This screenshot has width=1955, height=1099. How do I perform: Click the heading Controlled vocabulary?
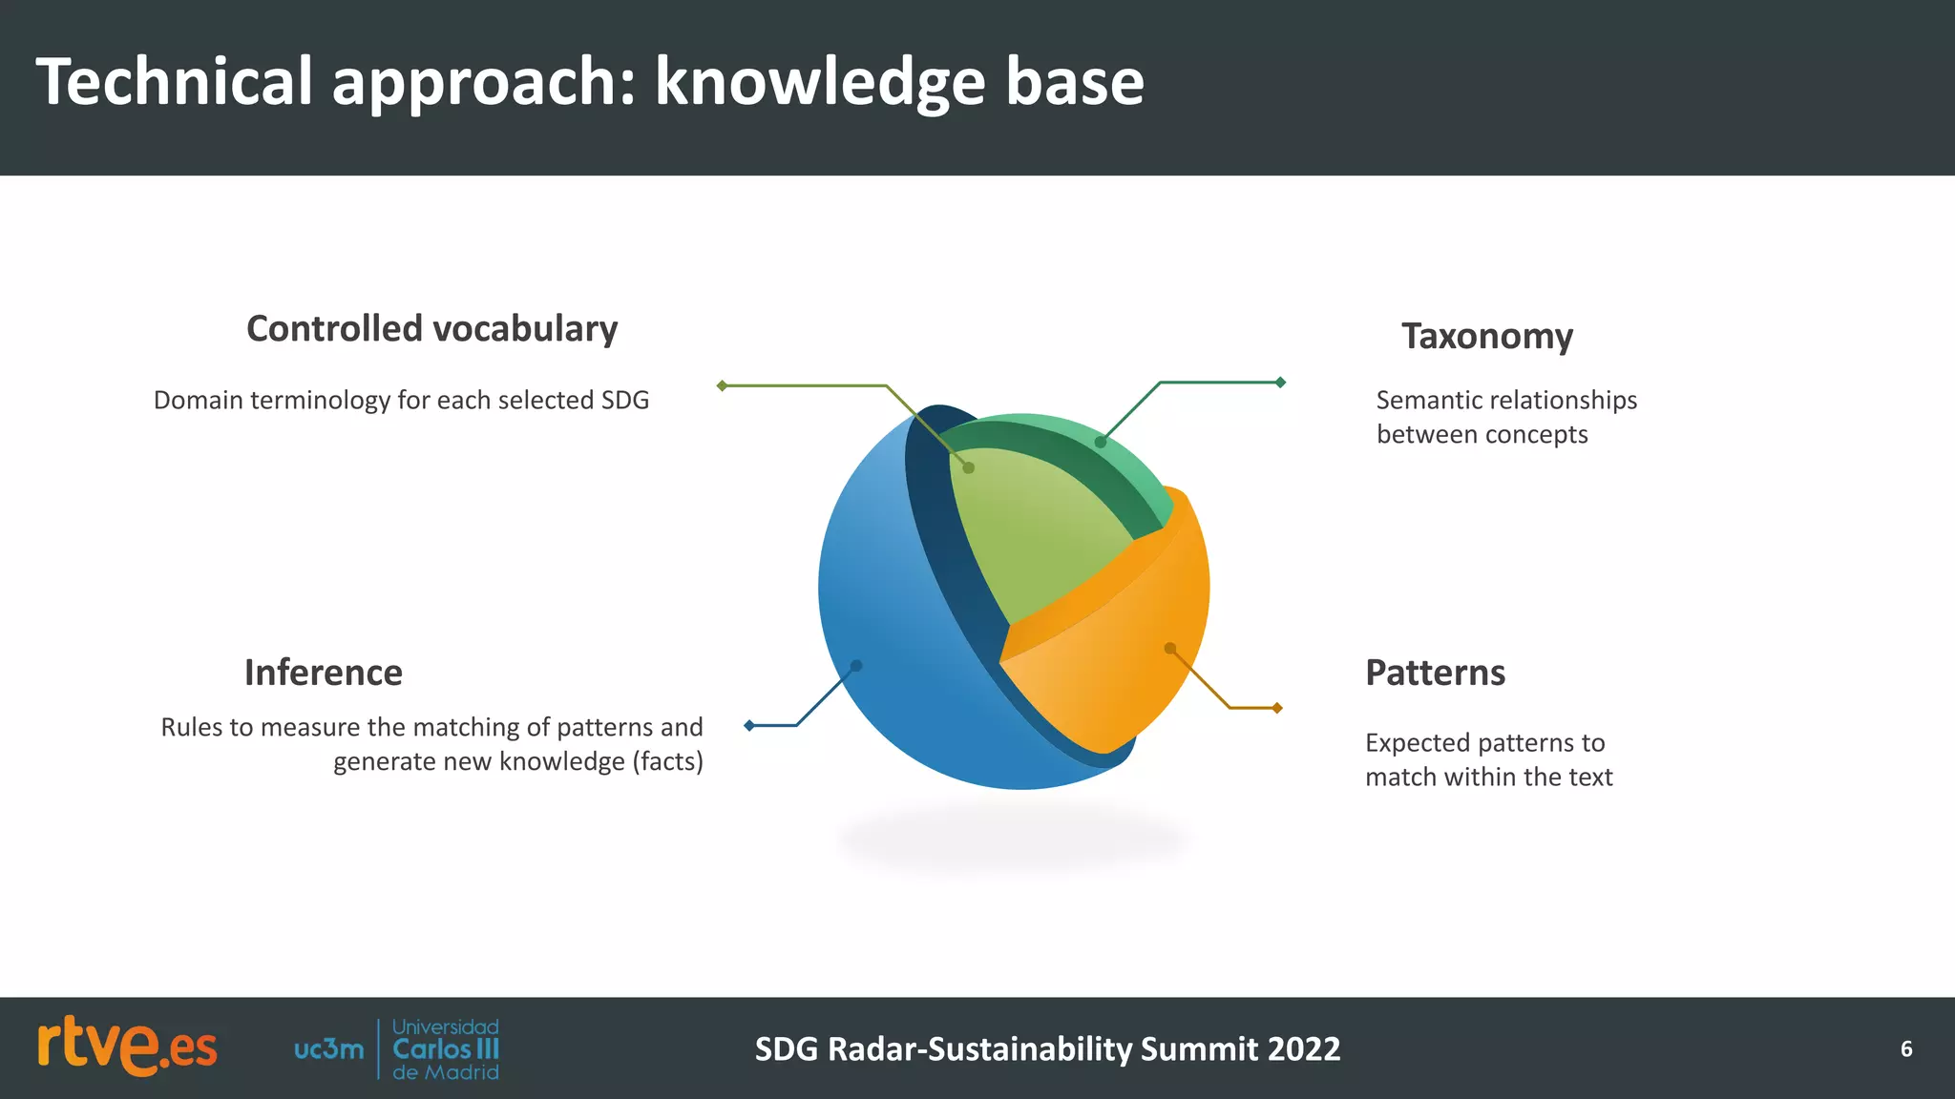coord(431,329)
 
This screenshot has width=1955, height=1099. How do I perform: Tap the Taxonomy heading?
coord(1486,337)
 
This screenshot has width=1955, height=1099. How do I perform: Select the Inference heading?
coord(323,673)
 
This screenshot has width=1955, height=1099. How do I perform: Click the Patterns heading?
coord(1435,673)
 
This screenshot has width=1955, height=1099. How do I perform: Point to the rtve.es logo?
coord(127,1047)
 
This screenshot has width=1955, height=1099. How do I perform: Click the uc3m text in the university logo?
coord(328,1049)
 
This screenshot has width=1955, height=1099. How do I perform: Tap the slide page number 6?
coord(1905,1049)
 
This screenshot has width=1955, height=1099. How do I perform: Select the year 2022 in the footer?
coord(1304,1049)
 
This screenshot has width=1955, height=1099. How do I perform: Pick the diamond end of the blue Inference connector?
coord(749,726)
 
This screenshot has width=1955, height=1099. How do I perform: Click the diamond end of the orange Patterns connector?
coord(1277,708)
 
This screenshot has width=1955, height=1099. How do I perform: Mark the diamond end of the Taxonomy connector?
coord(1280,383)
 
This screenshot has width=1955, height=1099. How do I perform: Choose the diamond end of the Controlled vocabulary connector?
coord(723,385)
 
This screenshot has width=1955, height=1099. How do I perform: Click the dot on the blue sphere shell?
coord(856,666)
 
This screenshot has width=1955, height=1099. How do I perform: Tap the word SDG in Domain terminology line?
coord(624,401)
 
